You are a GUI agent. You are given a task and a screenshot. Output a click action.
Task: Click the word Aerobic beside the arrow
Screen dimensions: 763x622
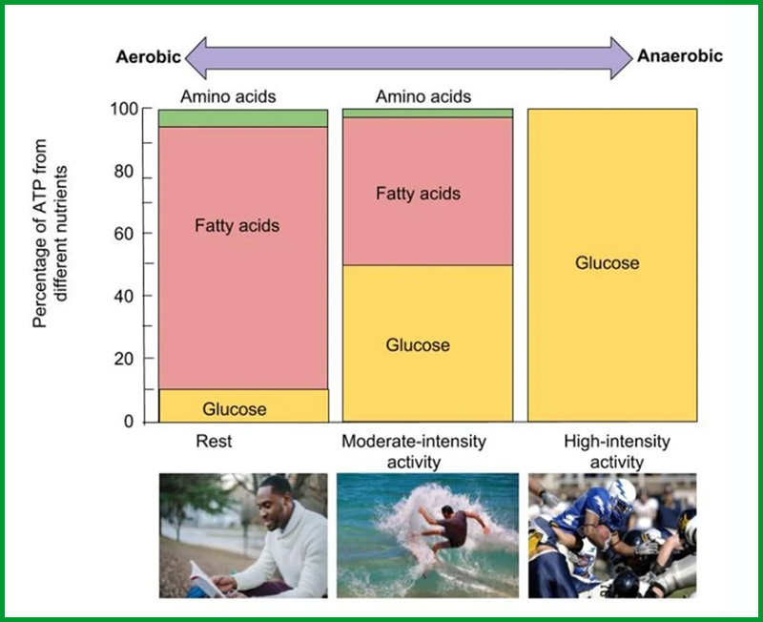(x=149, y=57)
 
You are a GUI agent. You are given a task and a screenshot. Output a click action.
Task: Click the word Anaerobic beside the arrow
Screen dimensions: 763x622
(x=680, y=56)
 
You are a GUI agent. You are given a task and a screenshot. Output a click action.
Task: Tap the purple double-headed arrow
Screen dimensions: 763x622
(x=409, y=58)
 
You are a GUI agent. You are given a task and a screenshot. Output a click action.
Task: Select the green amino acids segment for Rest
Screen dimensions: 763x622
(x=243, y=118)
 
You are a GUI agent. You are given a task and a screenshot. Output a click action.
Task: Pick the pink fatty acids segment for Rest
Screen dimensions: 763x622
(x=243, y=258)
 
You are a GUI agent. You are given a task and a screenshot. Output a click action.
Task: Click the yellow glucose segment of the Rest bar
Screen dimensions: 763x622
(x=244, y=405)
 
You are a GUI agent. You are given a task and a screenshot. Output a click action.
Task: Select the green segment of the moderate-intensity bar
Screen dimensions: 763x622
(x=427, y=114)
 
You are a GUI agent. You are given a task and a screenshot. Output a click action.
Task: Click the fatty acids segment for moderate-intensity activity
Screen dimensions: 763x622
(x=427, y=191)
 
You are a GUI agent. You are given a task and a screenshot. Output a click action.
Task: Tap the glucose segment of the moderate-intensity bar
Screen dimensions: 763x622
(x=427, y=343)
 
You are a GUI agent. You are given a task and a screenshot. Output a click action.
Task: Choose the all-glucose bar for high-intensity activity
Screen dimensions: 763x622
(x=612, y=265)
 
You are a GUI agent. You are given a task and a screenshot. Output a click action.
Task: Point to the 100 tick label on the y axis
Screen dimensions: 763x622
(x=124, y=109)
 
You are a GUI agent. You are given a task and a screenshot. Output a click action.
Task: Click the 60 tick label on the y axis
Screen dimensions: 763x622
(x=124, y=234)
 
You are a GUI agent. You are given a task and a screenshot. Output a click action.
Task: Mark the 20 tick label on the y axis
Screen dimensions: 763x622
(x=124, y=359)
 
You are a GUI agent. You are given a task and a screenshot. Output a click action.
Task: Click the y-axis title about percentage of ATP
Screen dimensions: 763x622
(x=50, y=234)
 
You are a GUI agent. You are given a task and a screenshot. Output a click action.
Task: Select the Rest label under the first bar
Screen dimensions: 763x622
(x=214, y=441)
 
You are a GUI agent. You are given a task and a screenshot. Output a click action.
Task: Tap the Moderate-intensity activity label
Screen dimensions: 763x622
(x=414, y=451)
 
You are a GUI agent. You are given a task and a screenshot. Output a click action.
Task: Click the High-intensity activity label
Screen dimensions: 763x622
(x=617, y=451)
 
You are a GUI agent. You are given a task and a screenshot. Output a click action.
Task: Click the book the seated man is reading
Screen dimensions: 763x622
(x=208, y=580)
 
